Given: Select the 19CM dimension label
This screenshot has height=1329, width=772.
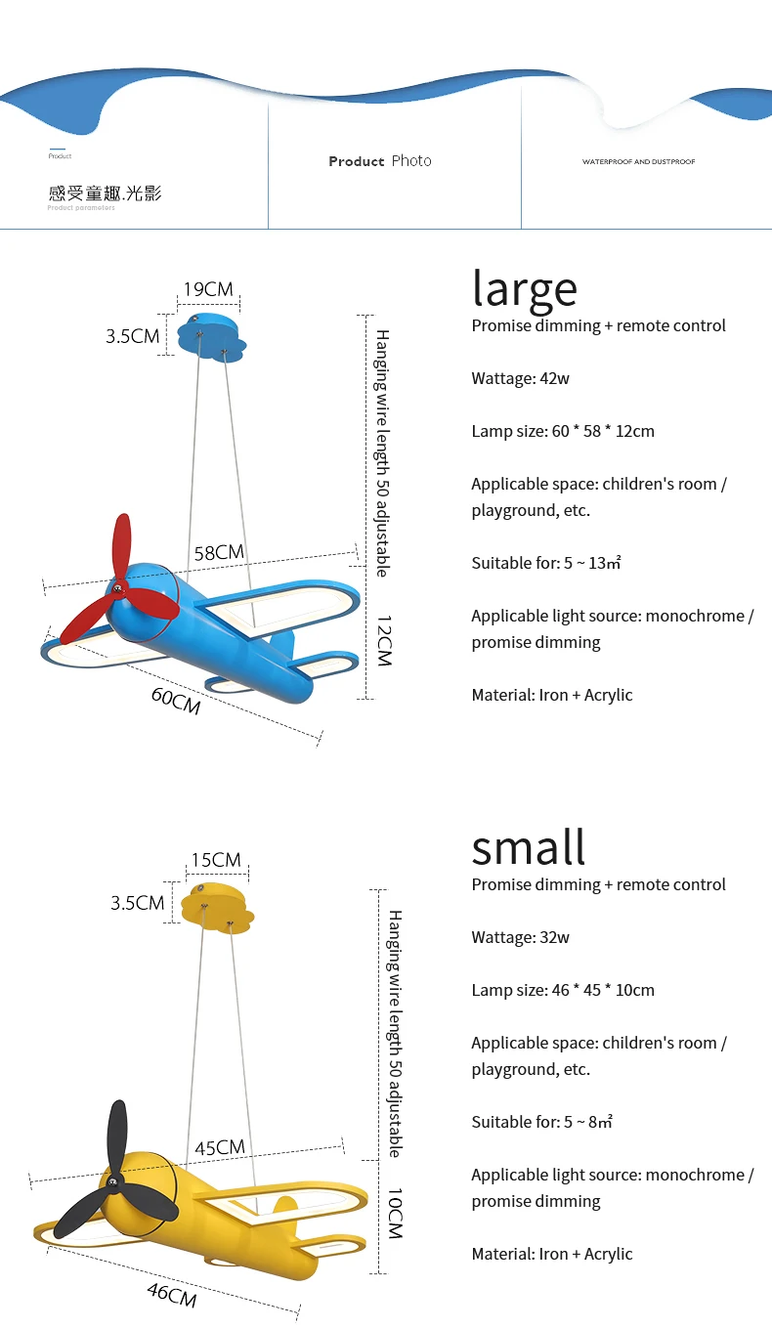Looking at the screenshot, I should point(209,289).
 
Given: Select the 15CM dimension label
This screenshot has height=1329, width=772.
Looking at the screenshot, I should point(216,860).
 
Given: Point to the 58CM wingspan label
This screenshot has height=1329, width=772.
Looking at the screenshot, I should point(219,553).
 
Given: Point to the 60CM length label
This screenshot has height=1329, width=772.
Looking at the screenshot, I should point(176,700).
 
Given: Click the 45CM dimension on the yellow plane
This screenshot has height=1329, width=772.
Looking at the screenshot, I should point(219,1148).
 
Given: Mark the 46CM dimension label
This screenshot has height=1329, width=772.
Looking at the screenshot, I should point(172,1295).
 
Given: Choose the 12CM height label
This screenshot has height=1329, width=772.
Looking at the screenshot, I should point(383,641).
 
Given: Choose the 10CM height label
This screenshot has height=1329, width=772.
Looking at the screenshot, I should point(394,1214).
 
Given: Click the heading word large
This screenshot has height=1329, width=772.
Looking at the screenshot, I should point(525,288).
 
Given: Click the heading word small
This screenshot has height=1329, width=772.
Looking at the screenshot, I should point(529,847).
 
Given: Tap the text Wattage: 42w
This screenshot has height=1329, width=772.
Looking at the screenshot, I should point(520,378).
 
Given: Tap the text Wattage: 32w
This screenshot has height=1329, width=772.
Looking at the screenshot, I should point(520,937).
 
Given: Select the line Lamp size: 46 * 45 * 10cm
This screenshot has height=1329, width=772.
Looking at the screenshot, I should point(563,990).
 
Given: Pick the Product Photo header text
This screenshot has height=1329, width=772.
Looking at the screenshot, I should point(380,161).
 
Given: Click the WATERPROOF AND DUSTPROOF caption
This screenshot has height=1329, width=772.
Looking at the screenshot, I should point(639,161).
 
